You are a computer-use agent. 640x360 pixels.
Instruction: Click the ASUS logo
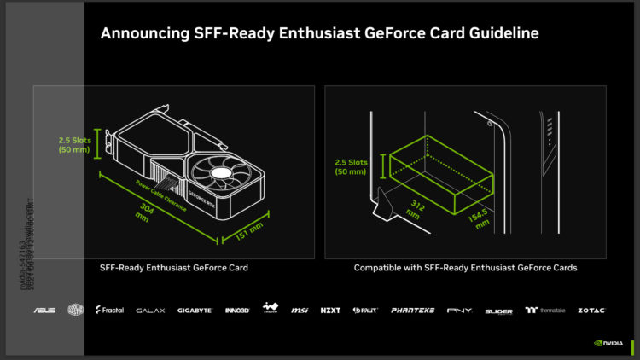click(44, 311)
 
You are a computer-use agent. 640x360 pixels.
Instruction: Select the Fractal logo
click(110, 311)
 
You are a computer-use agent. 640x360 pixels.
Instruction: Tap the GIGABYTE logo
click(195, 311)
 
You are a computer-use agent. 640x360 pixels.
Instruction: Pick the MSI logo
click(300, 311)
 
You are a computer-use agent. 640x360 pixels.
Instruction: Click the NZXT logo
click(330, 311)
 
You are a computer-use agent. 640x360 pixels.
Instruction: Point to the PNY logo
click(457, 311)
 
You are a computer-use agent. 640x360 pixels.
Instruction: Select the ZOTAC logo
click(591, 311)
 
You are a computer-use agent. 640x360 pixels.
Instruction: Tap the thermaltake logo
click(544, 311)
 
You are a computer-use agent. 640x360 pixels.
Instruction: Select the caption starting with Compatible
click(465, 268)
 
